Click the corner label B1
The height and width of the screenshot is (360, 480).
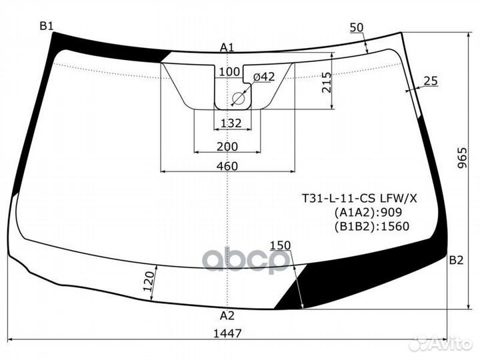click(46, 26)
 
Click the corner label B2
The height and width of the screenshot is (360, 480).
click(456, 260)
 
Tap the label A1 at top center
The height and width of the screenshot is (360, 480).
click(227, 47)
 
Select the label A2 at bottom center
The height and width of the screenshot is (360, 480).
click(227, 316)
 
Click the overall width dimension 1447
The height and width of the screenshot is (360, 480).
click(227, 333)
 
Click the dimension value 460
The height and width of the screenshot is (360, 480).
click(227, 165)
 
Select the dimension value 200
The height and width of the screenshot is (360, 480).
click(227, 147)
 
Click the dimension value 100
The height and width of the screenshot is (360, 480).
click(229, 72)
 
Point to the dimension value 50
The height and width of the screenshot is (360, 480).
click(356, 27)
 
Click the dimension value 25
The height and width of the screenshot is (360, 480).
click(430, 81)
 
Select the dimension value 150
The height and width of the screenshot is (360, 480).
click(280, 245)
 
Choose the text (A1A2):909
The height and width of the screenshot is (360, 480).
click(368, 212)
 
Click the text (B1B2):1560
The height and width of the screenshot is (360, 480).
click(371, 226)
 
